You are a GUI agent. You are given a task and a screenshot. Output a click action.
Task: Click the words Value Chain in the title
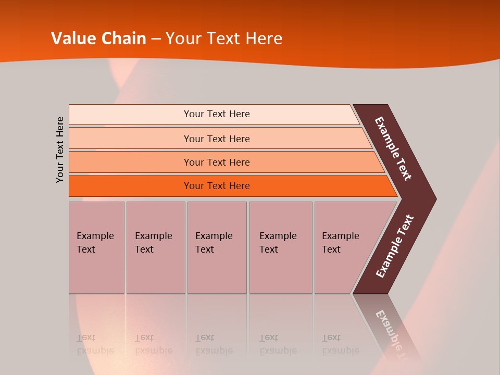pyautogui.click(x=98, y=39)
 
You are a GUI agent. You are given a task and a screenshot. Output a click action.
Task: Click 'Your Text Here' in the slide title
pyautogui.click(x=224, y=39)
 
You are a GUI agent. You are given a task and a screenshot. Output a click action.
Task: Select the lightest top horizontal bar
pyautogui.click(x=217, y=114)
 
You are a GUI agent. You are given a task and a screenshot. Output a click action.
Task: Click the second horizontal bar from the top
pyautogui.click(x=217, y=139)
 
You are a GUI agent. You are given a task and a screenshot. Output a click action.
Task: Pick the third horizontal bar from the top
pyautogui.click(x=217, y=162)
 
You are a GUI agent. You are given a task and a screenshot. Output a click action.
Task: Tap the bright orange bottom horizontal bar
pyautogui.click(x=217, y=186)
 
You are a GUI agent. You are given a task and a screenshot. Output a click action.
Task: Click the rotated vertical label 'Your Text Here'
pyautogui.click(x=60, y=149)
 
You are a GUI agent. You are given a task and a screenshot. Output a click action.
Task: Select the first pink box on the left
pyautogui.click(x=96, y=247)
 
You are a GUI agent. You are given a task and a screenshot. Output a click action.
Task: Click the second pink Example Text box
pyautogui.click(x=155, y=247)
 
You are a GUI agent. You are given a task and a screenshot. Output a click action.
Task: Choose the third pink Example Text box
pyautogui.click(x=216, y=247)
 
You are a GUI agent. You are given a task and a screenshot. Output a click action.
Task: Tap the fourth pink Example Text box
pyautogui.click(x=280, y=247)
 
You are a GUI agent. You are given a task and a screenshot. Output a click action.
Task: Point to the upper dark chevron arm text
pyautogui.click(x=393, y=148)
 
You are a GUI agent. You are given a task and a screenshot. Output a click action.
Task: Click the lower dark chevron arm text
pyautogui.click(x=395, y=246)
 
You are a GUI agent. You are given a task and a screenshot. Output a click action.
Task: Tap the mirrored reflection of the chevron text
pyautogui.click(x=393, y=333)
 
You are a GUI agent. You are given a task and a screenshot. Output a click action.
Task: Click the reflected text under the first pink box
pyautogui.click(x=95, y=344)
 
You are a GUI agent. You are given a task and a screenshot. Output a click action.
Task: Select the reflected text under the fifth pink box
pyautogui.click(x=340, y=344)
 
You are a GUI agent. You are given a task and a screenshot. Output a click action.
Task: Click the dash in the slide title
pyautogui.click(x=156, y=39)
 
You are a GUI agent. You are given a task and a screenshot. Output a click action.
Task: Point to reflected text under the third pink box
pyautogui.click(x=214, y=344)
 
